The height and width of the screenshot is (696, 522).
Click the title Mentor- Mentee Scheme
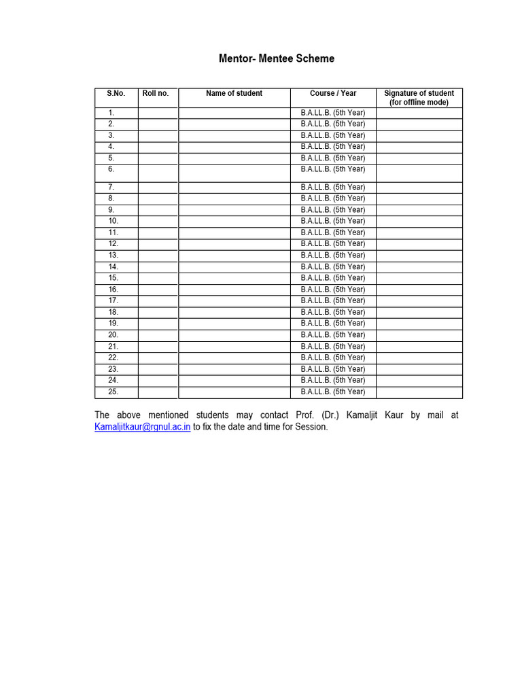click(x=276, y=58)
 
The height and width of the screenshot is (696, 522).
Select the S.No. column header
click(x=116, y=93)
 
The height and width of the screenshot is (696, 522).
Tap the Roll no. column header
click(x=156, y=93)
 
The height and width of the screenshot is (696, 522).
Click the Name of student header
click(x=234, y=93)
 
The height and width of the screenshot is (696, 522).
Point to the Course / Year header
click(x=333, y=93)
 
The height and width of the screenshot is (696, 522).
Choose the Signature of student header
click(x=419, y=97)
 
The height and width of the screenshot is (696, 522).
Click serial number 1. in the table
click(x=111, y=113)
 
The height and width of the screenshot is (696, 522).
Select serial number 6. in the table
click(x=111, y=169)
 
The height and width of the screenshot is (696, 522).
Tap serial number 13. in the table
click(x=113, y=255)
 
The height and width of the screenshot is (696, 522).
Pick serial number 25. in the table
click(x=113, y=391)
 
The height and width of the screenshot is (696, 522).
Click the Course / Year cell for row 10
click(x=333, y=221)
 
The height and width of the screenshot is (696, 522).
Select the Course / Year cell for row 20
click(x=333, y=334)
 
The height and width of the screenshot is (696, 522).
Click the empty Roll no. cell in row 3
click(x=158, y=135)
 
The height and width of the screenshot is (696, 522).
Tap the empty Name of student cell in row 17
click(x=234, y=300)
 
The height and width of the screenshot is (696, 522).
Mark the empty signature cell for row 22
click(x=419, y=358)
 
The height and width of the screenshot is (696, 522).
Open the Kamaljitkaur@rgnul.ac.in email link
click(x=143, y=427)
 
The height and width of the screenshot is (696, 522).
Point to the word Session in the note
click(x=311, y=427)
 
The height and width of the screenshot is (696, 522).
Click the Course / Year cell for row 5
click(x=333, y=158)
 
